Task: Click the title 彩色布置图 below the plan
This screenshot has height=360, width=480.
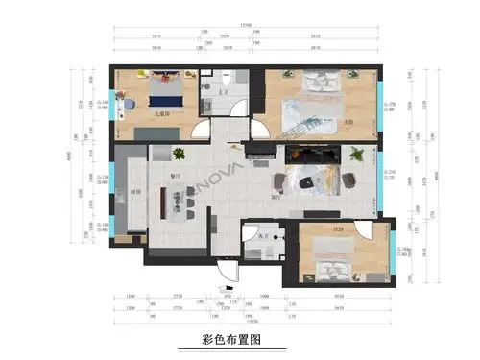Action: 230,339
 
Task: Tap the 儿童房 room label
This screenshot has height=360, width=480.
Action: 163,114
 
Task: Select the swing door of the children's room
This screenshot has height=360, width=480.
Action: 196,130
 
